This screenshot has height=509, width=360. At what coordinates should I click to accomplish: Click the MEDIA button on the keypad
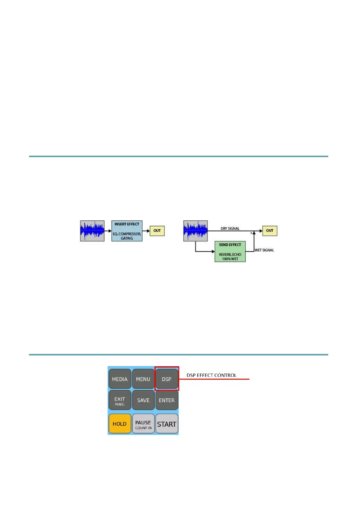pos(120,379)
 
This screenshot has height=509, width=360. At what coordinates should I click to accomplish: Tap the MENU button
pos(143,379)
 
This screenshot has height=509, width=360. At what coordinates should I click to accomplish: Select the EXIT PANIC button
pos(120,401)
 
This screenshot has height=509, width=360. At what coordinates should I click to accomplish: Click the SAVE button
pos(143,400)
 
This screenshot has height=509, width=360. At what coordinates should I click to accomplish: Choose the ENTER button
pos(167,400)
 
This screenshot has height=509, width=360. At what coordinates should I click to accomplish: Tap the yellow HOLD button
pos(120,424)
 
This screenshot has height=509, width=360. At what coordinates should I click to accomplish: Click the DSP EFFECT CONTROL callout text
pos(211,375)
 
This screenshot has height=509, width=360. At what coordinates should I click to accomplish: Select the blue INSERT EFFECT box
pos(127,231)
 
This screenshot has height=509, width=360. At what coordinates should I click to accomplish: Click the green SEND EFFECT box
pos(230,251)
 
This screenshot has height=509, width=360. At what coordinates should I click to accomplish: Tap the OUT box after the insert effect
pos(157,231)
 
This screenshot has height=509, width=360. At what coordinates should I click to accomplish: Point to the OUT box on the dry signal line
pos(270,231)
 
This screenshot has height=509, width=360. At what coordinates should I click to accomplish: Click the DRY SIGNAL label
pos(230,229)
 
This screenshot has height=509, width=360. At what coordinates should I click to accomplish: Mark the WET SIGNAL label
pos(264,250)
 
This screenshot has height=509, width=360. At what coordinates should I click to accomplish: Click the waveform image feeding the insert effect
pos(92,231)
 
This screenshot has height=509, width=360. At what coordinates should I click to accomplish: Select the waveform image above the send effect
pos(196,231)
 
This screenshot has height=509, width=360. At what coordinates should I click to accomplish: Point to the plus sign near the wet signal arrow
pos(251,233)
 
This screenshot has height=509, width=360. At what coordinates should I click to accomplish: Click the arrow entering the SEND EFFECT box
pos(213,251)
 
